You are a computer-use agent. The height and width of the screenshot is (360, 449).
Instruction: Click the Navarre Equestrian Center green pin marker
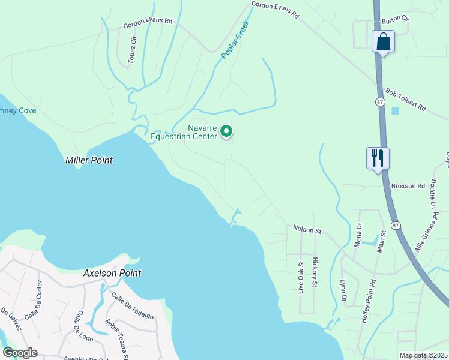[x=226, y=131]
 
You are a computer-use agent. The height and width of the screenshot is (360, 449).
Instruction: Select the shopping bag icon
[x=382, y=42]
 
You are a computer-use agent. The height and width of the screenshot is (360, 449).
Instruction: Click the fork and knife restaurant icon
[x=378, y=158]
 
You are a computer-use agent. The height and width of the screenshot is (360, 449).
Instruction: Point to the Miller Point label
[x=89, y=161]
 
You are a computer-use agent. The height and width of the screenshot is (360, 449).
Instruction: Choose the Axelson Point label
[x=113, y=273]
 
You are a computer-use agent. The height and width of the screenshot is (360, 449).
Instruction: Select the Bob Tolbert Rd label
[x=405, y=101]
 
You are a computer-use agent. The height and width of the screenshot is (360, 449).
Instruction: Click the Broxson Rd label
[x=408, y=187]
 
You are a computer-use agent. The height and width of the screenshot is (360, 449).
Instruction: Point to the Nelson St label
[x=307, y=230]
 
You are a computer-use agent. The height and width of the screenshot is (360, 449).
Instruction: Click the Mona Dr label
[x=359, y=236]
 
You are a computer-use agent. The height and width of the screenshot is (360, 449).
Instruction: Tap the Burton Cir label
[x=395, y=19]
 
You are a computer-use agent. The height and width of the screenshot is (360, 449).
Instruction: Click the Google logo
[x=20, y=352]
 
